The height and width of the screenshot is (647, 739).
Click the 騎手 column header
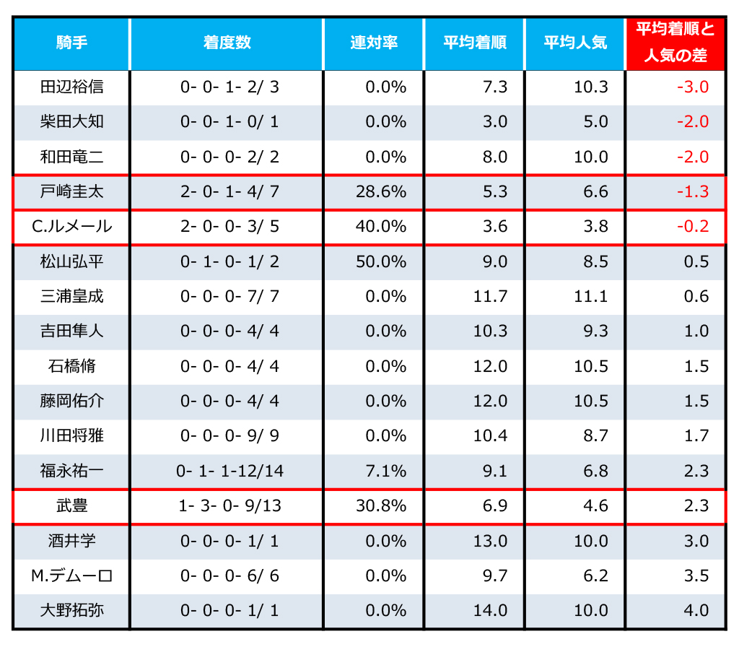[71, 43]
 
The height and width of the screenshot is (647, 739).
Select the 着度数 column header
[227, 43]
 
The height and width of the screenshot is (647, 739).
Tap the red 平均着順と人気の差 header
[675, 43]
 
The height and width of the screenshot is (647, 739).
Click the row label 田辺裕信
[71, 87]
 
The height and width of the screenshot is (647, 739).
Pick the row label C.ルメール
[71, 227]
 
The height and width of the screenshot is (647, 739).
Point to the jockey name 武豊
[71, 506]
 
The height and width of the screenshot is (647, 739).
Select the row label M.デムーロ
[71, 576]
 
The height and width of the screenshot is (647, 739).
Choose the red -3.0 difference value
[693, 87]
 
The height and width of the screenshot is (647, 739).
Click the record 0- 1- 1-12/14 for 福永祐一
[230, 472]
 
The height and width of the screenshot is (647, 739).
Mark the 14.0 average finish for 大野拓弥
[491, 611]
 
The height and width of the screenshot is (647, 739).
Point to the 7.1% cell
[386, 472]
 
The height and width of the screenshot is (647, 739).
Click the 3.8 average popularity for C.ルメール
[596, 227]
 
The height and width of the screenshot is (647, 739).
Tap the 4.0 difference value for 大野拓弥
[696, 611]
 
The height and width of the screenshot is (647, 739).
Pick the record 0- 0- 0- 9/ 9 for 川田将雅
[230, 436]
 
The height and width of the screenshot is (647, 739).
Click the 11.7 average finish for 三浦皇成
[491, 297]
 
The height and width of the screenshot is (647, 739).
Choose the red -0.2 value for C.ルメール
[693, 227]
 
